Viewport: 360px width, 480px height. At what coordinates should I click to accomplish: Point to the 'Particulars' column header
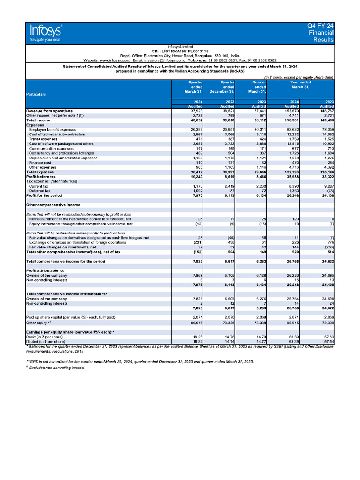[x=36, y=94]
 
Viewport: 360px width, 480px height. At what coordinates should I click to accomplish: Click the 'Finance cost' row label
[x=41, y=162]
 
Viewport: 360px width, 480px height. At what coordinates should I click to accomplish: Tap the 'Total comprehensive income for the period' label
[x=66, y=261]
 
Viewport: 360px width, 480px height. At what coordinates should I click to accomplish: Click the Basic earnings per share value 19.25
[x=196, y=337]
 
